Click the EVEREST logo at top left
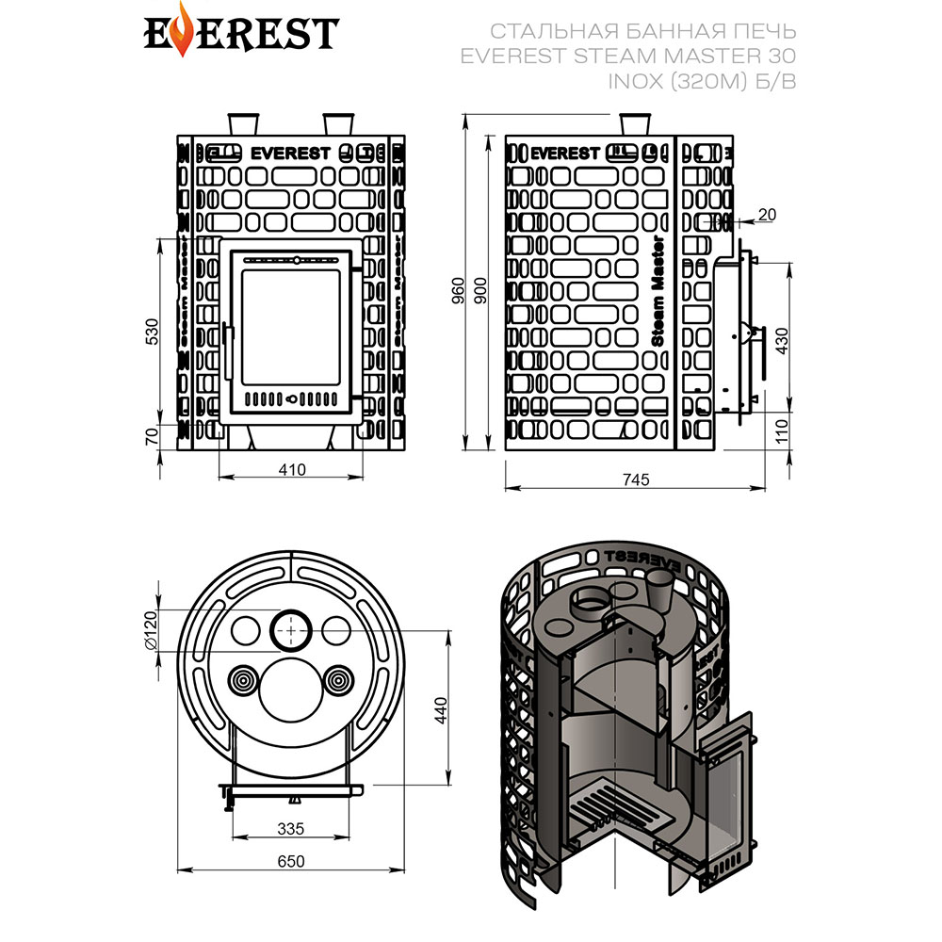click(x=241, y=31)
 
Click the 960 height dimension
click(x=459, y=290)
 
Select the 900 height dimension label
click(x=480, y=290)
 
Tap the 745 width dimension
click(x=636, y=479)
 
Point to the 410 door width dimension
click(x=291, y=469)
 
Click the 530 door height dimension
click(x=152, y=331)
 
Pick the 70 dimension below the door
click(x=152, y=435)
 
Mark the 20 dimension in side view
click(x=767, y=215)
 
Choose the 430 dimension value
click(x=782, y=341)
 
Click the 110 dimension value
click(x=782, y=430)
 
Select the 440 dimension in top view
click(x=441, y=710)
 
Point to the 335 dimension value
click(x=291, y=828)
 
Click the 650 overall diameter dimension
click(x=291, y=861)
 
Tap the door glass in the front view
click(x=291, y=329)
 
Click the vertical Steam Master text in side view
click(x=658, y=291)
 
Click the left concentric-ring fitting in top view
click(x=244, y=681)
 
